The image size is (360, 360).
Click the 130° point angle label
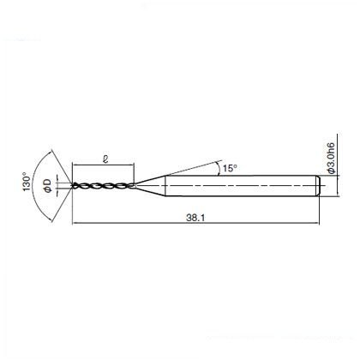(x=27, y=182)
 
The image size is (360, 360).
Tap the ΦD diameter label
(x=48, y=186)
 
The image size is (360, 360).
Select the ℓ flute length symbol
(x=105, y=159)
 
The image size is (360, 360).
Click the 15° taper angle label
(x=230, y=168)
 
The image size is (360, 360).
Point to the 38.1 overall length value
(x=195, y=218)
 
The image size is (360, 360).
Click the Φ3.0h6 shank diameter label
(x=331, y=158)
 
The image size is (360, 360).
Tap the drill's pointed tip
(x=71, y=186)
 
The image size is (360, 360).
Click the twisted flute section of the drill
(x=104, y=186)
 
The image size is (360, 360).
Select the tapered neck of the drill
(x=150, y=186)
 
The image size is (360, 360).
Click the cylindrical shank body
(x=243, y=186)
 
